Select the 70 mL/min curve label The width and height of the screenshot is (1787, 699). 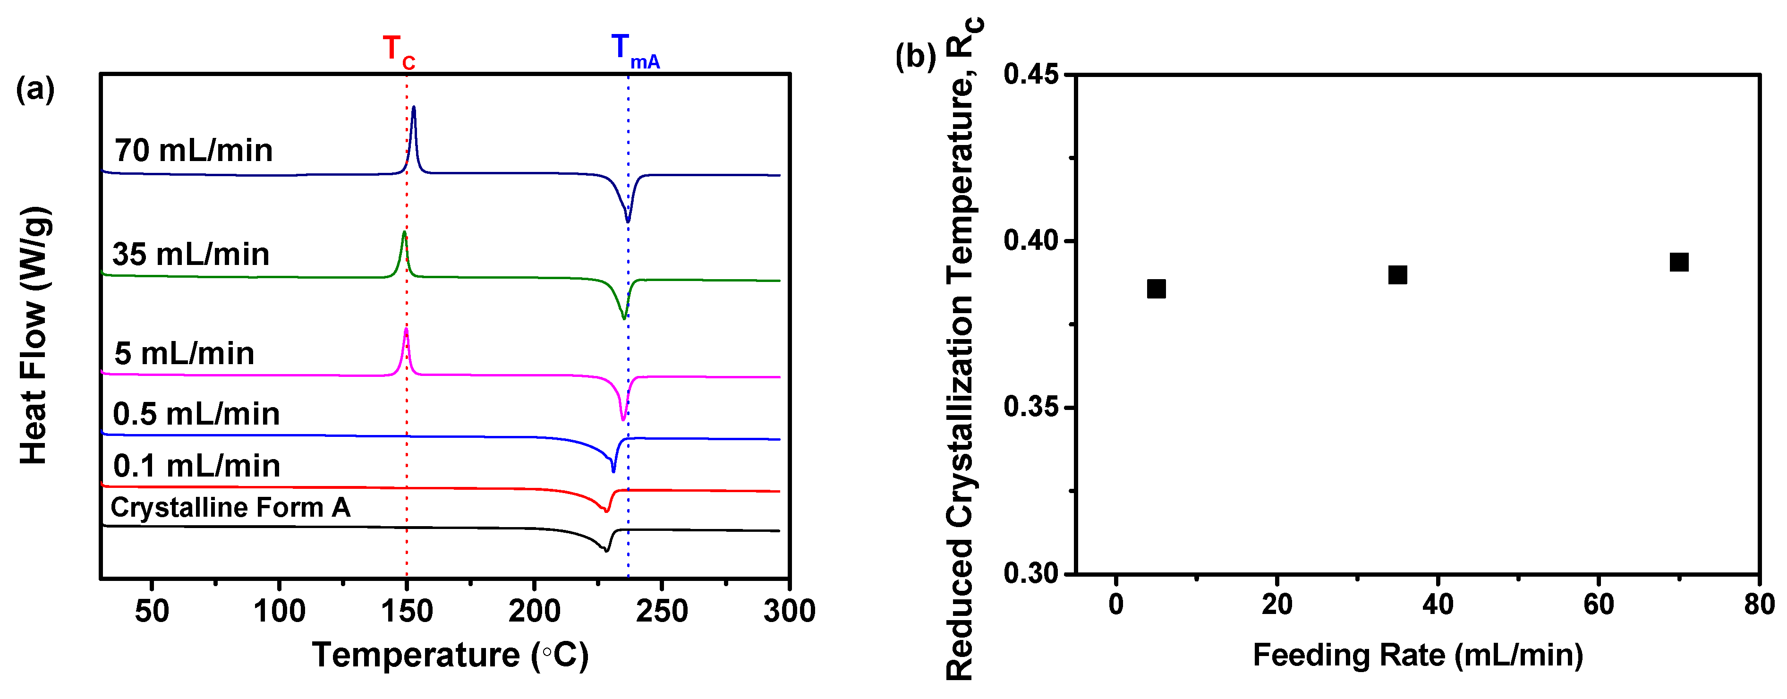[194, 151]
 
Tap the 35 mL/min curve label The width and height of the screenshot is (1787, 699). [191, 255]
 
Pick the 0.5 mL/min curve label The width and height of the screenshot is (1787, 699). [196, 414]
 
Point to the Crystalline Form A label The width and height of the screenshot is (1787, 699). [230, 508]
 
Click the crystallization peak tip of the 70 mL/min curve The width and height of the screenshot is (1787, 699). [414, 108]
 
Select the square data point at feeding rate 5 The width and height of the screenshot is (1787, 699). [1156, 289]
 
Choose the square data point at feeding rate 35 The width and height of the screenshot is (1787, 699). [1397, 274]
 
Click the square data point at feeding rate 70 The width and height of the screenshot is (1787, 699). [1679, 262]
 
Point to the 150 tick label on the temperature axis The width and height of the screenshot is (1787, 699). [407, 612]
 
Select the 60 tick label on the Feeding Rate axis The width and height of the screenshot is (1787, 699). [1598, 605]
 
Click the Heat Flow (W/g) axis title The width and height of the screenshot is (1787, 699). [34, 336]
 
